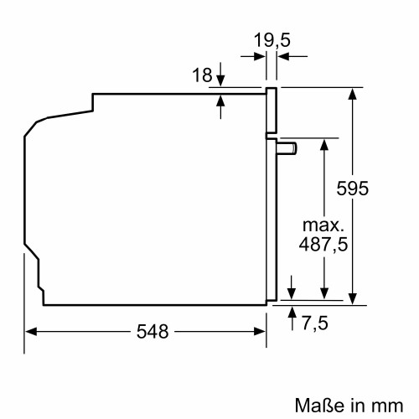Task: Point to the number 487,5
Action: [x=323, y=245]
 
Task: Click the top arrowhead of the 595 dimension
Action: [x=354, y=91]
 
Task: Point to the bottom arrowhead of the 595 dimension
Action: [x=354, y=293]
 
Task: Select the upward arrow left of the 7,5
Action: [x=292, y=312]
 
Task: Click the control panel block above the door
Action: [x=272, y=111]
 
